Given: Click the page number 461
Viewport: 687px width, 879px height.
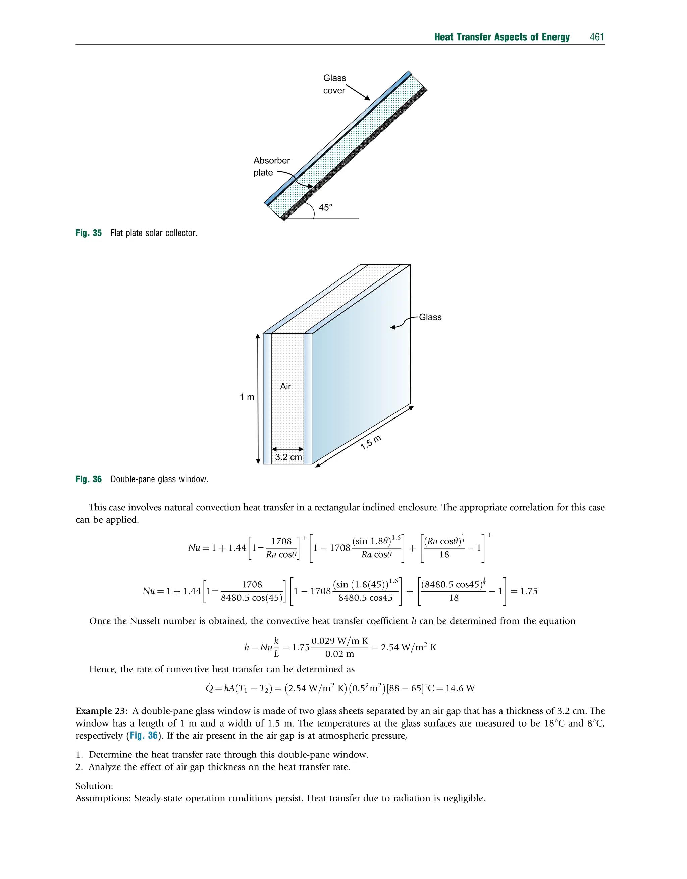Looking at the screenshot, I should coord(597,37).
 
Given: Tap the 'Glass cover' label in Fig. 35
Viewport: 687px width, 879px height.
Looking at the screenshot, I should coord(334,84).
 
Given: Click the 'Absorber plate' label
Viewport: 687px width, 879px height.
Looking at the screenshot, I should coord(271,166).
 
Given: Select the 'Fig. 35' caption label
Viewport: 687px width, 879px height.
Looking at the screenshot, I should coord(89,233).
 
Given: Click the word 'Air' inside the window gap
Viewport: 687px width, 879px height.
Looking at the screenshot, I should coord(285,386).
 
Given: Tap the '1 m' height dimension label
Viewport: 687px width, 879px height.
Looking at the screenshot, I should coord(247,397).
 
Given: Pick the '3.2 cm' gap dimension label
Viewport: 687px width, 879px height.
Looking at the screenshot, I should coord(288,457).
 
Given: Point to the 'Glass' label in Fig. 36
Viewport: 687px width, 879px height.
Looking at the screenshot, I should coord(430,317).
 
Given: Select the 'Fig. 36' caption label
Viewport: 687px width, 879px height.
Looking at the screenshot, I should coord(89,479).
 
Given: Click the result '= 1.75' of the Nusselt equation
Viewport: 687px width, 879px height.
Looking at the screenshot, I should coord(524,591).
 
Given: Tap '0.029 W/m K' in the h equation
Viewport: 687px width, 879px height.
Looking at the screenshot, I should coord(340,641).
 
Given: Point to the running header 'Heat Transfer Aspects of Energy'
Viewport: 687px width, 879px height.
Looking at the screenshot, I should coord(501,37).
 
